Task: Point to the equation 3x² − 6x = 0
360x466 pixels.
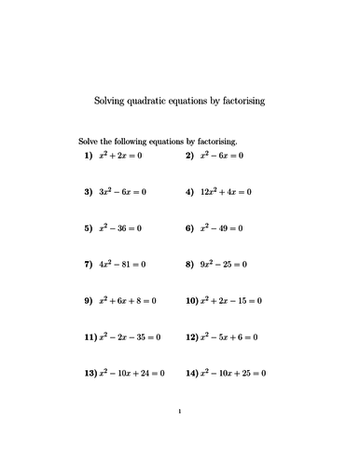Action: point(124,191)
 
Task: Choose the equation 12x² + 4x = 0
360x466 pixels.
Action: point(227,191)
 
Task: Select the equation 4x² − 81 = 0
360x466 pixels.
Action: point(123,264)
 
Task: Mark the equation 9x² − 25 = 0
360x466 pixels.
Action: point(225,264)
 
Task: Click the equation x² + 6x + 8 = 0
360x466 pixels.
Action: point(130,301)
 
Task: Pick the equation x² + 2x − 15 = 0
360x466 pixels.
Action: point(232,301)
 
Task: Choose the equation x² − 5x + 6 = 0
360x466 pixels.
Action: point(229,337)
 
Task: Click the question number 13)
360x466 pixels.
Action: point(90,374)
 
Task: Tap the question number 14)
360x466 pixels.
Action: point(192,374)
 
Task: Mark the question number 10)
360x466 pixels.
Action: point(192,301)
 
